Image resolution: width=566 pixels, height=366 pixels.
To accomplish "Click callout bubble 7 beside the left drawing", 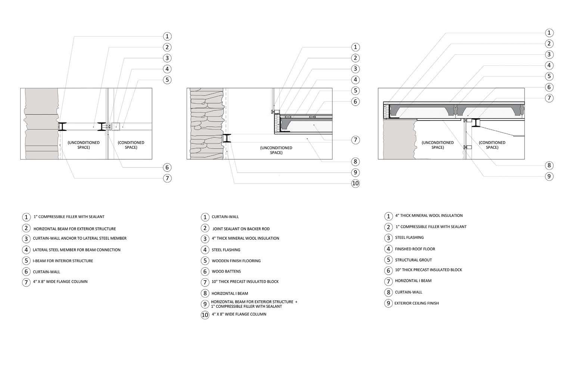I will pyautogui.click(x=167, y=178).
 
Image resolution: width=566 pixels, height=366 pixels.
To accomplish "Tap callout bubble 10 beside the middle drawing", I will pyautogui.click(x=355, y=183).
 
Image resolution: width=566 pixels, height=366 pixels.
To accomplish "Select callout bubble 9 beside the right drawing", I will pyautogui.click(x=549, y=176).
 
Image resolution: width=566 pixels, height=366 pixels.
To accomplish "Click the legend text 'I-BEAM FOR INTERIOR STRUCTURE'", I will pyautogui.click(x=63, y=261).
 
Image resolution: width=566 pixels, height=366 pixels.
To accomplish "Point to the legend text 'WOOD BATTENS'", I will pyautogui.click(x=226, y=272).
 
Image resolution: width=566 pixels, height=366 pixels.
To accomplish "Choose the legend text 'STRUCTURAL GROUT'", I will pyautogui.click(x=413, y=260).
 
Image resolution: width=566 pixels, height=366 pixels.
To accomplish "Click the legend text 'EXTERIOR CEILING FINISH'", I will pyautogui.click(x=417, y=303).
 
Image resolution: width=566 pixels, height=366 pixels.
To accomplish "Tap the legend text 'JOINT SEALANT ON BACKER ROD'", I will pyautogui.click(x=241, y=229).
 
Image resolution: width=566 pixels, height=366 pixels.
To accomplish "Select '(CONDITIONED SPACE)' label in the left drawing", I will pyautogui.click(x=131, y=145).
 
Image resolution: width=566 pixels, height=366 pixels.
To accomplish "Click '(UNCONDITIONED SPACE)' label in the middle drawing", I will pyautogui.click(x=276, y=150).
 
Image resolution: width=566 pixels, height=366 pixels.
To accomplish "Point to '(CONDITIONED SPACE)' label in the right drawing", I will pyautogui.click(x=492, y=145).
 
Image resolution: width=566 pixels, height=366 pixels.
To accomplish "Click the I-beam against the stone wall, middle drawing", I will pyautogui.click(x=227, y=138).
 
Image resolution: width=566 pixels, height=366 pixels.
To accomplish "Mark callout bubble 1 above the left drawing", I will pyautogui.click(x=167, y=36).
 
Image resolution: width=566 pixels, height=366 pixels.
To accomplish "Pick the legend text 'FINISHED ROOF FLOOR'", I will pyautogui.click(x=415, y=249).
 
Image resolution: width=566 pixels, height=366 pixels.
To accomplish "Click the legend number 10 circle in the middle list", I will pyautogui.click(x=205, y=315).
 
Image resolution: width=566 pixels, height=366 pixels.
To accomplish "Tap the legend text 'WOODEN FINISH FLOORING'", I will pyautogui.click(x=236, y=261).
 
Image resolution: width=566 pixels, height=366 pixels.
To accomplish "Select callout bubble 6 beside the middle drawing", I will pyautogui.click(x=355, y=101).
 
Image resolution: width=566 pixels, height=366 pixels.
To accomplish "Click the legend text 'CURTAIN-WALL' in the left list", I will pyautogui.click(x=46, y=272).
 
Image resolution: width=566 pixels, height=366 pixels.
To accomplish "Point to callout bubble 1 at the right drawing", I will pyautogui.click(x=549, y=33).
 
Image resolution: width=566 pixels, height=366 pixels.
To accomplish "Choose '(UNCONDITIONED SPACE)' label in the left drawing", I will pyautogui.click(x=84, y=145).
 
